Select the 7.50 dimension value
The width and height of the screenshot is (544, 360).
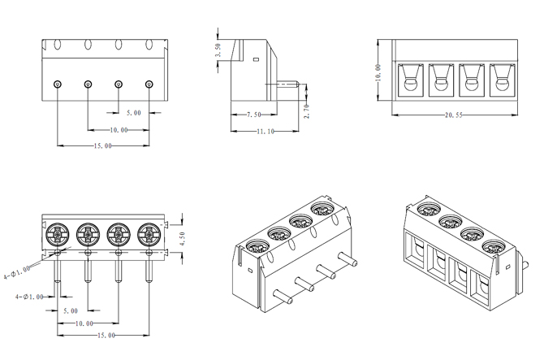tap(253, 115)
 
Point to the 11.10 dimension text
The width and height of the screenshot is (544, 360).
tap(265, 131)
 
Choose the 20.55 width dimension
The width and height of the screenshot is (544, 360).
tap(454, 115)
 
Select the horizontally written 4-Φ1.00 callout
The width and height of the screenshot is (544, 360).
tap(33, 297)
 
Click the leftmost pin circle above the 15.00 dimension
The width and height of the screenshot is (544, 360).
tap(58, 85)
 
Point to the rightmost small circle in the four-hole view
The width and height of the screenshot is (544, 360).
tap(149, 85)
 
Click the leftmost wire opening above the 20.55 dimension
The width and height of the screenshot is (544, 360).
tap(408, 80)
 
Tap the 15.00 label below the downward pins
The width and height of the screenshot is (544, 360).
tap(106, 335)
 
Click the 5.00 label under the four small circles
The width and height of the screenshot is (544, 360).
tap(132, 112)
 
